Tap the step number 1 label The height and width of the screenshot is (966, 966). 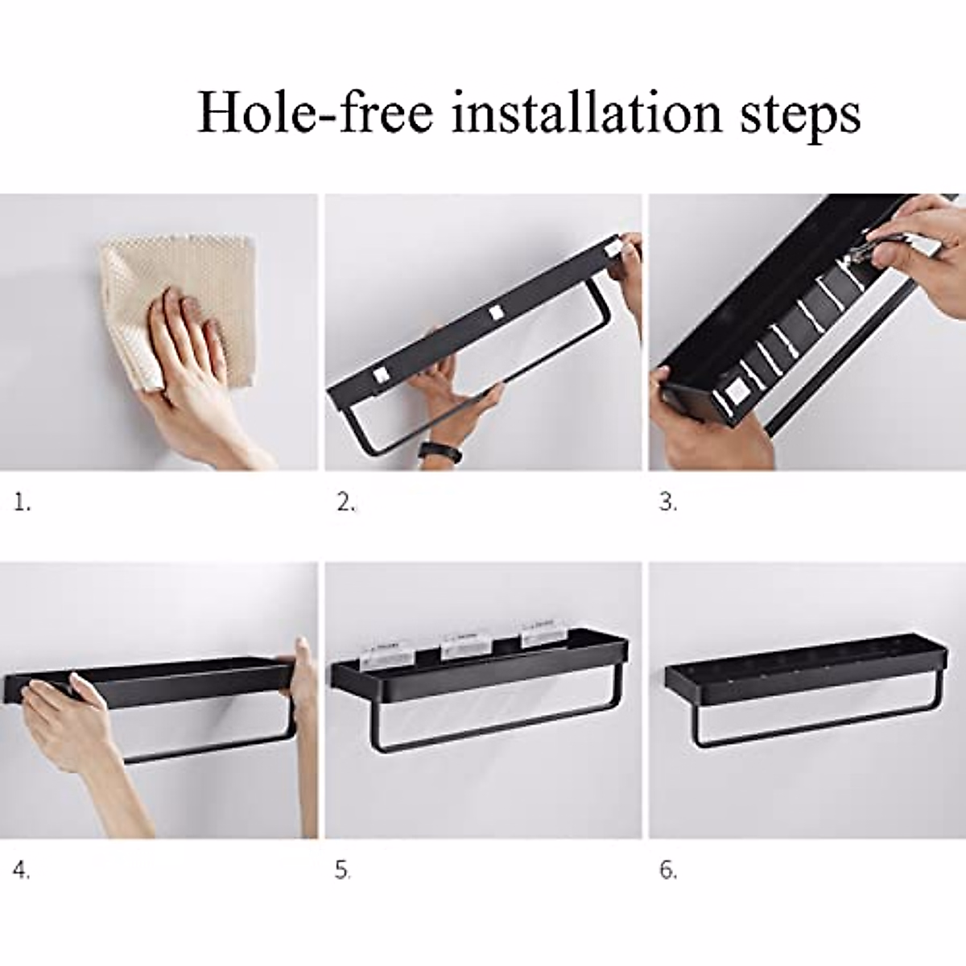pyautogui.click(x=23, y=503)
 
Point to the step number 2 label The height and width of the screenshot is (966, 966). pyautogui.click(x=346, y=503)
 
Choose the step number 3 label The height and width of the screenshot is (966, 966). pyautogui.click(x=668, y=503)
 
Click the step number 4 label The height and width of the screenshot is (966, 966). pyautogui.click(x=23, y=870)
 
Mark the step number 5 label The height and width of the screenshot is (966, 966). pyautogui.click(x=344, y=870)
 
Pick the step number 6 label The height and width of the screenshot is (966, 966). pyautogui.click(x=668, y=870)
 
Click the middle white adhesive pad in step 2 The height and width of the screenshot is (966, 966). pyautogui.click(x=493, y=312)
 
